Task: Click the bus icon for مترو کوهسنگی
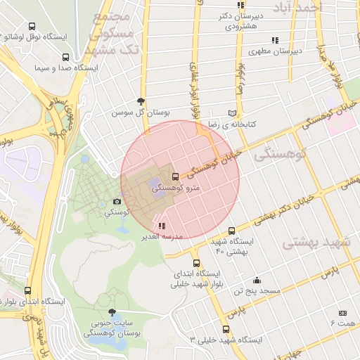[175, 176]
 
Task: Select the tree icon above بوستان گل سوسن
[141, 101]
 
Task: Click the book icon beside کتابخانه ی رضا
[232, 113]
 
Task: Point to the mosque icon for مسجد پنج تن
[257, 279]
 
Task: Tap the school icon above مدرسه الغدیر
[162, 226]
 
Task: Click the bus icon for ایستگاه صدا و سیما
[65, 58]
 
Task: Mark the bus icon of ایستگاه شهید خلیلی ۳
[225, 328]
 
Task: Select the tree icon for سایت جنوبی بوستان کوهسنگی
[111, 312]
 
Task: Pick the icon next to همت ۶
[342, 313]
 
